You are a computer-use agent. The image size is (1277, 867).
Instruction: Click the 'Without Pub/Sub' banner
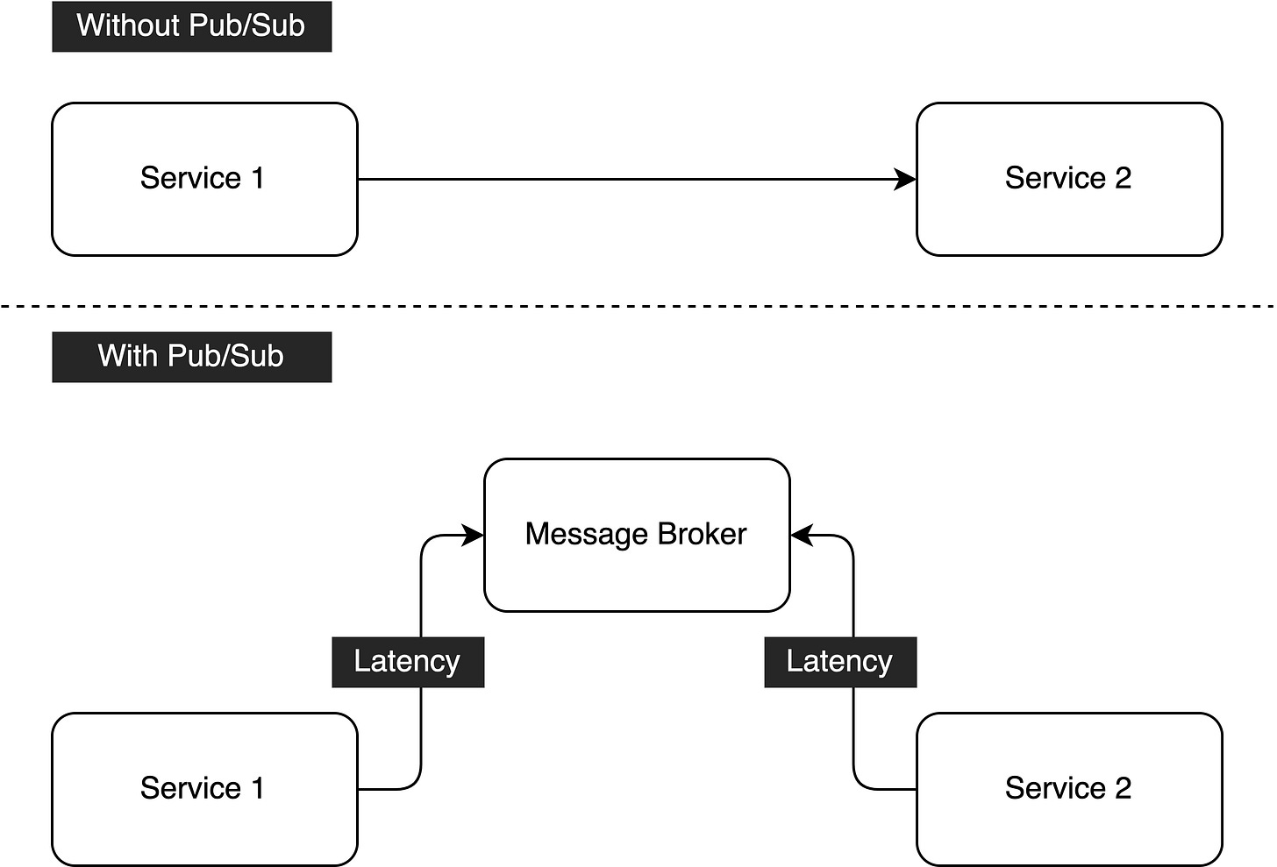[191, 26]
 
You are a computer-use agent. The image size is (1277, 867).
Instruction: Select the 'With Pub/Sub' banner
[191, 357]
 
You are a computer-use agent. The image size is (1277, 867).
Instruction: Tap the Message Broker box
[637, 535]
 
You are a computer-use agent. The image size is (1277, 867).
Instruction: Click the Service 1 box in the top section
[204, 180]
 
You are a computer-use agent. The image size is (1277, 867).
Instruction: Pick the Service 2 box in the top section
[1069, 180]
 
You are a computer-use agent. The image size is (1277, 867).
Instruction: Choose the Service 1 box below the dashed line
[204, 789]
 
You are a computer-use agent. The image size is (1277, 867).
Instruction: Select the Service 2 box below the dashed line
[1069, 789]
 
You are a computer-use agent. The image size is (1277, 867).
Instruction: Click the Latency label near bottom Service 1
[408, 662]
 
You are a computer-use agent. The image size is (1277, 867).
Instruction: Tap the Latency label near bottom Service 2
[840, 662]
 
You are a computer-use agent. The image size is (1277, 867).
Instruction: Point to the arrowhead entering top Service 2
[905, 180]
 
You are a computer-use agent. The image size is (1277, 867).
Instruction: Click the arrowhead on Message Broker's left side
[473, 535]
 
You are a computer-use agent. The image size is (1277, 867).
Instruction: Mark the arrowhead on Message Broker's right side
[802, 535]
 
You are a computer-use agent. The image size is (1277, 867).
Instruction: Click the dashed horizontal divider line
[638, 307]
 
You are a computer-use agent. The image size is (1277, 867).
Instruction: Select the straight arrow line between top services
[637, 180]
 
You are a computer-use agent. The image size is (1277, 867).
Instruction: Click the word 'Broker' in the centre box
[702, 535]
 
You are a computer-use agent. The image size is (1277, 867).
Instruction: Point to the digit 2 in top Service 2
[1123, 178]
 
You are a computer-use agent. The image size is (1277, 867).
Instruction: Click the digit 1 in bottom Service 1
[258, 788]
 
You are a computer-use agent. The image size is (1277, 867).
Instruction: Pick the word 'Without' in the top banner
[128, 25]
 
